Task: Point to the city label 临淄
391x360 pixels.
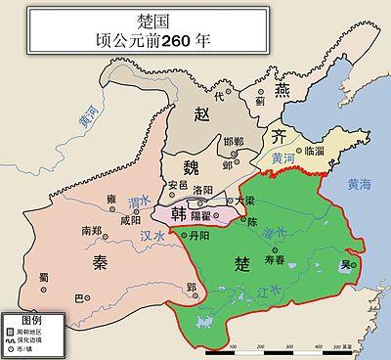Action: pyautogui.click(x=315, y=151)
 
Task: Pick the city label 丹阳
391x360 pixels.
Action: pyautogui.click(x=199, y=236)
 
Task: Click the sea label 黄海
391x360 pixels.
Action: pyautogui.click(x=360, y=183)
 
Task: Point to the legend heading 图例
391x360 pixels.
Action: pyautogui.click(x=28, y=321)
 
